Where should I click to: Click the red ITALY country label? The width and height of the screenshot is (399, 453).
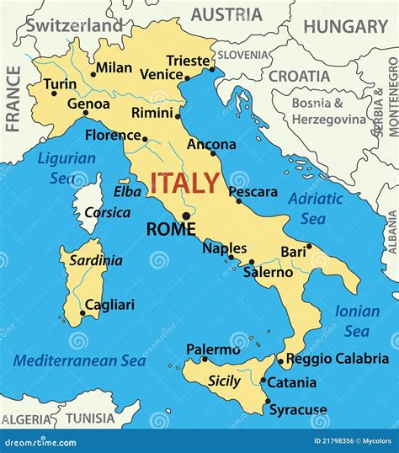tap(185, 183)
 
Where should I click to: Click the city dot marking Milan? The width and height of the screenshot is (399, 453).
tap(93, 74)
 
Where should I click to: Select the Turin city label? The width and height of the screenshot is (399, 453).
tap(60, 84)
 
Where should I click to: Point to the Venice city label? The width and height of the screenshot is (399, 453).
tap(161, 74)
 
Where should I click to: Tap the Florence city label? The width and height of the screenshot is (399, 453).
tap(113, 135)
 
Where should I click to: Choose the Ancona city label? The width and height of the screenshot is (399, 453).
tap(211, 145)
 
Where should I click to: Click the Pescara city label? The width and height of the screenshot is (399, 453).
tap(253, 192)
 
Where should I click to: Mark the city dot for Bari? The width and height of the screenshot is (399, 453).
tap(309, 246)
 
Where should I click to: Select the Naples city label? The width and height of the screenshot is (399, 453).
tap(225, 248)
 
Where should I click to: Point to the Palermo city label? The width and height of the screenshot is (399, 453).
tap(213, 349)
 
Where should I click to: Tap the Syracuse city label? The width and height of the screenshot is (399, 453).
tap(297, 410)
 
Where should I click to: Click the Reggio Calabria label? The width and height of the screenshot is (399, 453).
tap(338, 359)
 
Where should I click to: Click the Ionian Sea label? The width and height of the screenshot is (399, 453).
tap(357, 320)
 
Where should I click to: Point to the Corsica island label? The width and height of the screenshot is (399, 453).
tap(109, 212)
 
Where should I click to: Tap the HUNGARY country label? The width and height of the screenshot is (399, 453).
tap(344, 26)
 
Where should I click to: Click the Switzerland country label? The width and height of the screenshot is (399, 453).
tap(73, 25)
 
